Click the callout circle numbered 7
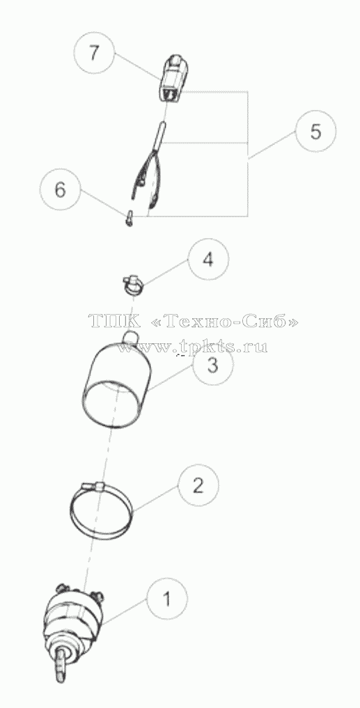click(93, 54)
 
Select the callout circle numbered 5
click(315, 132)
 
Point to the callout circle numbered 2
click(198, 485)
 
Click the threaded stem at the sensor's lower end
click(61, 659)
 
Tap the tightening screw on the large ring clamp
click(93, 487)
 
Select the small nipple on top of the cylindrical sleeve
click(130, 335)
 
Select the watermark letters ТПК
click(115, 322)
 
